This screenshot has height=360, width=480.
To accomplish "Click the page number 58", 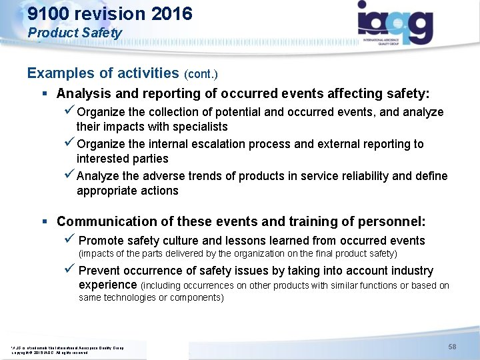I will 452,347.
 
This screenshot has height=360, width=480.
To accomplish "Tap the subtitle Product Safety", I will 75,33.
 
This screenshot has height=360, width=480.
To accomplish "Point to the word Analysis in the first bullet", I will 82,94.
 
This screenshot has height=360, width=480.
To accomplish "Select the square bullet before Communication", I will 43,221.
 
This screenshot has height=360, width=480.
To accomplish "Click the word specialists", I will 197,127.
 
